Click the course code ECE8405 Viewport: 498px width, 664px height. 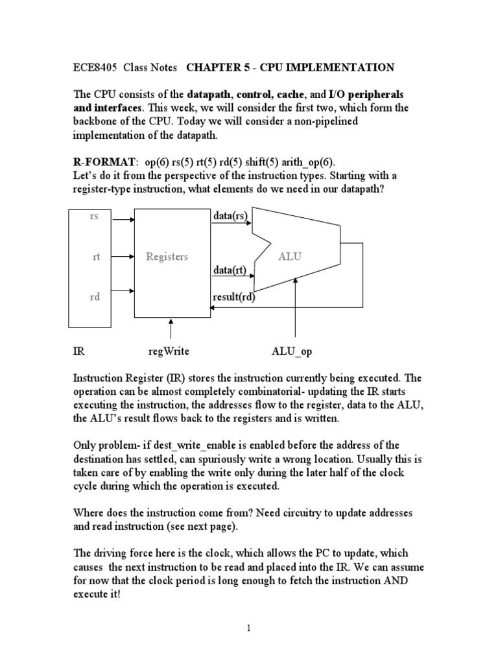point(91,67)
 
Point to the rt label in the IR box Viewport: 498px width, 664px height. point(96,257)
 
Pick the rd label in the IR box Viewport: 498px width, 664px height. point(95,298)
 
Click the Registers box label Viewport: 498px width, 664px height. point(167,257)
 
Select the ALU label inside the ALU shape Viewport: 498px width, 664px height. point(290,257)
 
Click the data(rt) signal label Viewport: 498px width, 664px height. point(230,269)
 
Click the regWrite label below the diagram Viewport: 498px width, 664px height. point(169,351)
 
